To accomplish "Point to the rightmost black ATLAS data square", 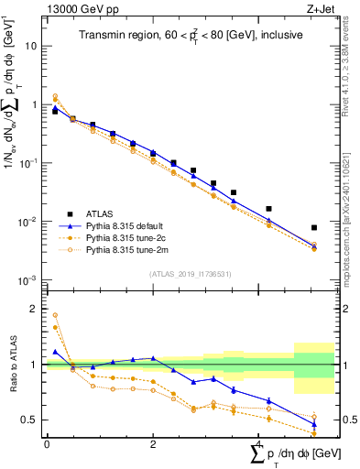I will click(314, 227).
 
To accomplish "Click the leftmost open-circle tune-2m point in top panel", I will click(55, 96).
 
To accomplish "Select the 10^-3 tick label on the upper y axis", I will click(29, 279).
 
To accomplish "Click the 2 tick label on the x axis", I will click(153, 444).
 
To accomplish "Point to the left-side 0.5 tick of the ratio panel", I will click(33, 420).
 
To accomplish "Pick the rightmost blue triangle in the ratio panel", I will click(314, 424).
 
